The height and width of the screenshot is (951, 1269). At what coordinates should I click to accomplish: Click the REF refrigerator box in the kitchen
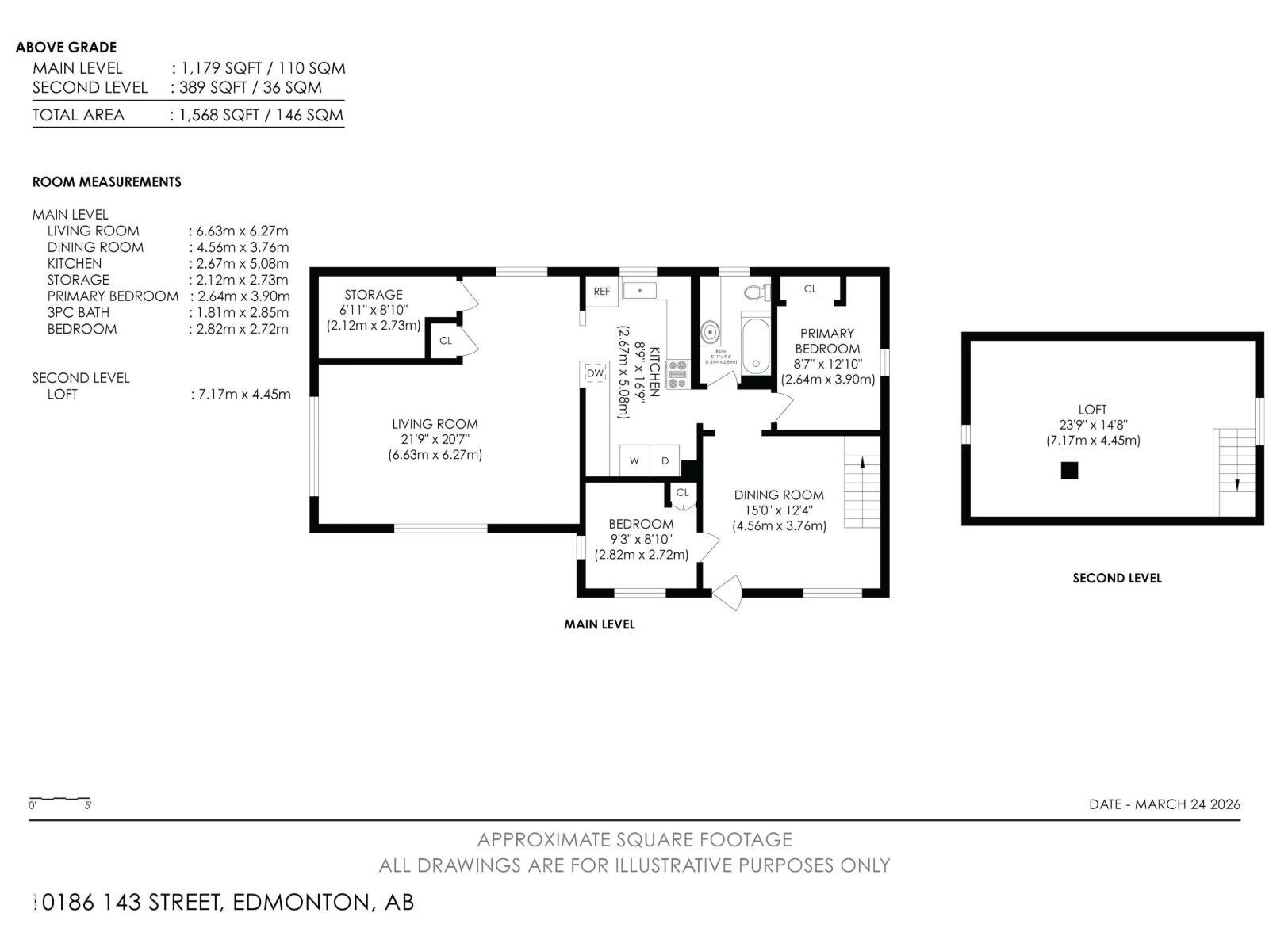pyautogui.click(x=602, y=291)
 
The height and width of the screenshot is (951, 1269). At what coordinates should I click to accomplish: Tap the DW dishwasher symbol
pyautogui.click(x=595, y=373)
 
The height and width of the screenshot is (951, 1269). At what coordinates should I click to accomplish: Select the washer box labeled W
pyautogui.click(x=634, y=460)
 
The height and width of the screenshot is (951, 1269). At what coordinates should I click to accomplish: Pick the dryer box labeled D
pyautogui.click(x=665, y=460)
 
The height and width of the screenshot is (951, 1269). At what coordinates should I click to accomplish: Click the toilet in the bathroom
pyautogui.click(x=757, y=292)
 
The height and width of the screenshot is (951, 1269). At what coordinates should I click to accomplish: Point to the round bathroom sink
pyautogui.click(x=710, y=333)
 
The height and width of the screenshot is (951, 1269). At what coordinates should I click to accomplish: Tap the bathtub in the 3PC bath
pyautogui.click(x=756, y=345)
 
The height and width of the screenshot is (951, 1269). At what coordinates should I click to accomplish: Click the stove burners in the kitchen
pyautogui.click(x=677, y=374)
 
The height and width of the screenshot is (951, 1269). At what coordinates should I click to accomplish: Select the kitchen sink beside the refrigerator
pyautogui.click(x=639, y=290)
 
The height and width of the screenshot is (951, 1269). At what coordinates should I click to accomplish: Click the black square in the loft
pyautogui.click(x=1069, y=471)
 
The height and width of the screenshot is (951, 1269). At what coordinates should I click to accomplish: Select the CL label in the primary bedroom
pyautogui.click(x=810, y=288)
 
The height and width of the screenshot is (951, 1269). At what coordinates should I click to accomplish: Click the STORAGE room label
pyautogui.click(x=374, y=294)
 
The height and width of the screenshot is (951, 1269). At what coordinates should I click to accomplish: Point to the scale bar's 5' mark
pyautogui.click(x=87, y=805)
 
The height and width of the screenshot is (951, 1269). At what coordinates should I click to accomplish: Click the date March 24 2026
pyautogui.click(x=1164, y=804)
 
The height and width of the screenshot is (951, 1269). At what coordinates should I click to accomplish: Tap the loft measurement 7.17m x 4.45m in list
pyautogui.click(x=240, y=394)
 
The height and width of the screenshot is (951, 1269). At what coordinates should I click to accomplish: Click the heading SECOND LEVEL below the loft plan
pyautogui.click(x=1117, y=578)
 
